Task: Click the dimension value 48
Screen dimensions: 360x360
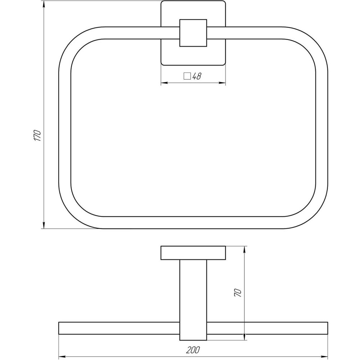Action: point(197,76)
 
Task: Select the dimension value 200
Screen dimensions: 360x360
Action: point(193,349)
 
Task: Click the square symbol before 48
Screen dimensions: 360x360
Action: point(187,76)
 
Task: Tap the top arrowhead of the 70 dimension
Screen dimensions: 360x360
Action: point(245,249)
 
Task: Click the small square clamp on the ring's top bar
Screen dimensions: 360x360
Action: point(193,32)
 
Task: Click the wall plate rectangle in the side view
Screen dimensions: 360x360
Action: point(193,253)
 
